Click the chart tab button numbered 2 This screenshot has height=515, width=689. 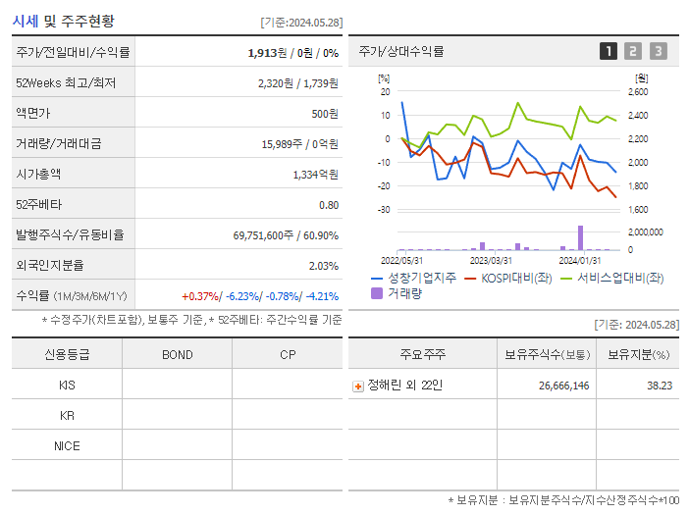[633, 51]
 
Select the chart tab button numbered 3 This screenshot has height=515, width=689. [658, 51]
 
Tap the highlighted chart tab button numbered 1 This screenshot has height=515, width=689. [609, 51]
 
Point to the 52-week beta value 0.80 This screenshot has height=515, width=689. [329, 205]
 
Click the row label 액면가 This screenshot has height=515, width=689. [33, 114]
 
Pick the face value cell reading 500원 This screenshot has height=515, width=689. [325, 114]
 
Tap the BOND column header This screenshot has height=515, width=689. [177, 355]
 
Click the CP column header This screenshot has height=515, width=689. [288, 355]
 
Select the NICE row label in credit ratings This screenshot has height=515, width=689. [67, 446]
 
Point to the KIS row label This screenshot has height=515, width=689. [67, 386]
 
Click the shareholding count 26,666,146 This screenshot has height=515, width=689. [563, 386]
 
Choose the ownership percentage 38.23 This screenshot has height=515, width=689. [659, 386]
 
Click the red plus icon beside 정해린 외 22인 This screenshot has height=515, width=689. [358, 386]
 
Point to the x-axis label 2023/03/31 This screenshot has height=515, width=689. [491, 260]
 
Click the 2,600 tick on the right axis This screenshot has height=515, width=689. [637, 92]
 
